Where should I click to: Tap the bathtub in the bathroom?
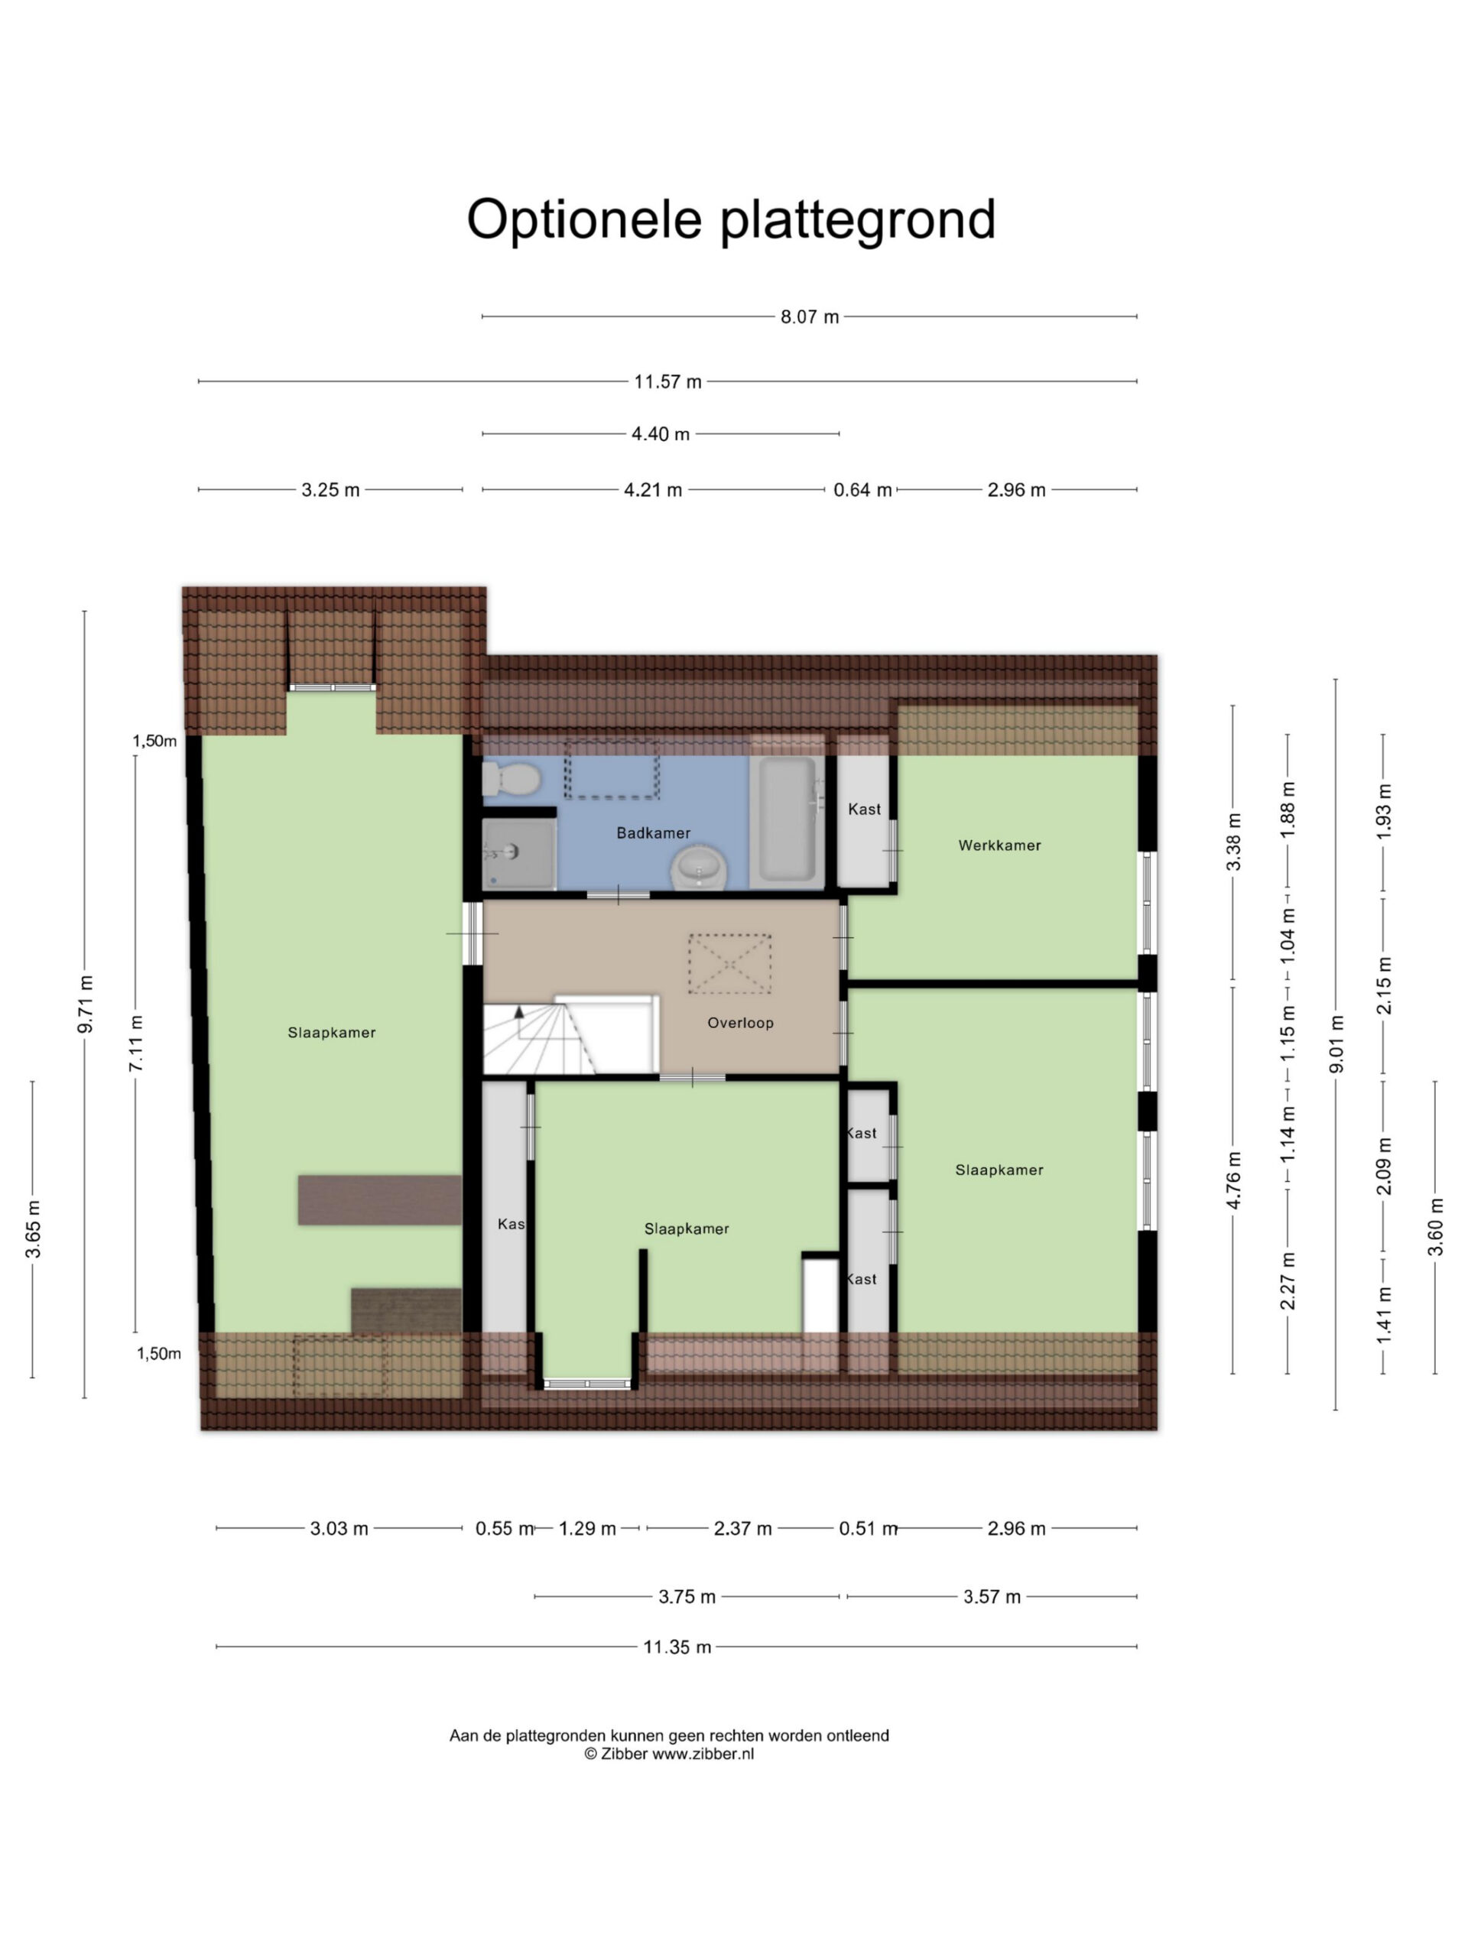pos(788,819)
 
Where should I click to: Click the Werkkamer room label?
pos(999,845)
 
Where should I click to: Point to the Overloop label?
pos(741,1023)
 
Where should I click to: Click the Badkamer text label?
pos(653,832)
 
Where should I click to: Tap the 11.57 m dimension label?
pos(667,381)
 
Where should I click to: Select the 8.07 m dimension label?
pos(809,316)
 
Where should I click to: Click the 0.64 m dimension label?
pos(862,490)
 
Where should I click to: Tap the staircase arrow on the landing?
pos(519,1011)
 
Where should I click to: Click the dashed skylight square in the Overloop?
pos(730,964)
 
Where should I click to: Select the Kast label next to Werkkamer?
pos(865,809)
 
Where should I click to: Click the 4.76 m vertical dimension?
pos(1233,1180)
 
